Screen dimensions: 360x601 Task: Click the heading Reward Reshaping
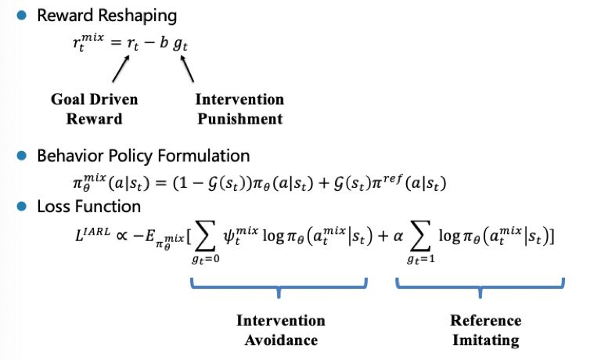coord(106,16)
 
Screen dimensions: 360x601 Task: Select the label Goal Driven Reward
coord(94,109)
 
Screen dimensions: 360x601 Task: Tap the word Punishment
coord(239,119)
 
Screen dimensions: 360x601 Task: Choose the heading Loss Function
coord(88,207)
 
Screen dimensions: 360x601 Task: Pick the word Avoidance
coord(281,340)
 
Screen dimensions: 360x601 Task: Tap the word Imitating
coord(485,340)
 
